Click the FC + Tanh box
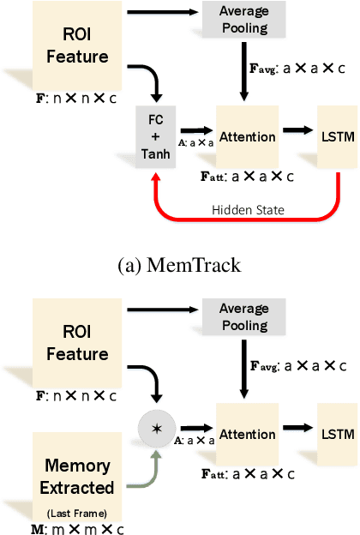click(x=155, y=136)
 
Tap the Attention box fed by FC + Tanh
click(x=248, y=136)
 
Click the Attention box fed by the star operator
click(x=248, y=435)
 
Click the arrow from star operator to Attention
click(x=195, y=425)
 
